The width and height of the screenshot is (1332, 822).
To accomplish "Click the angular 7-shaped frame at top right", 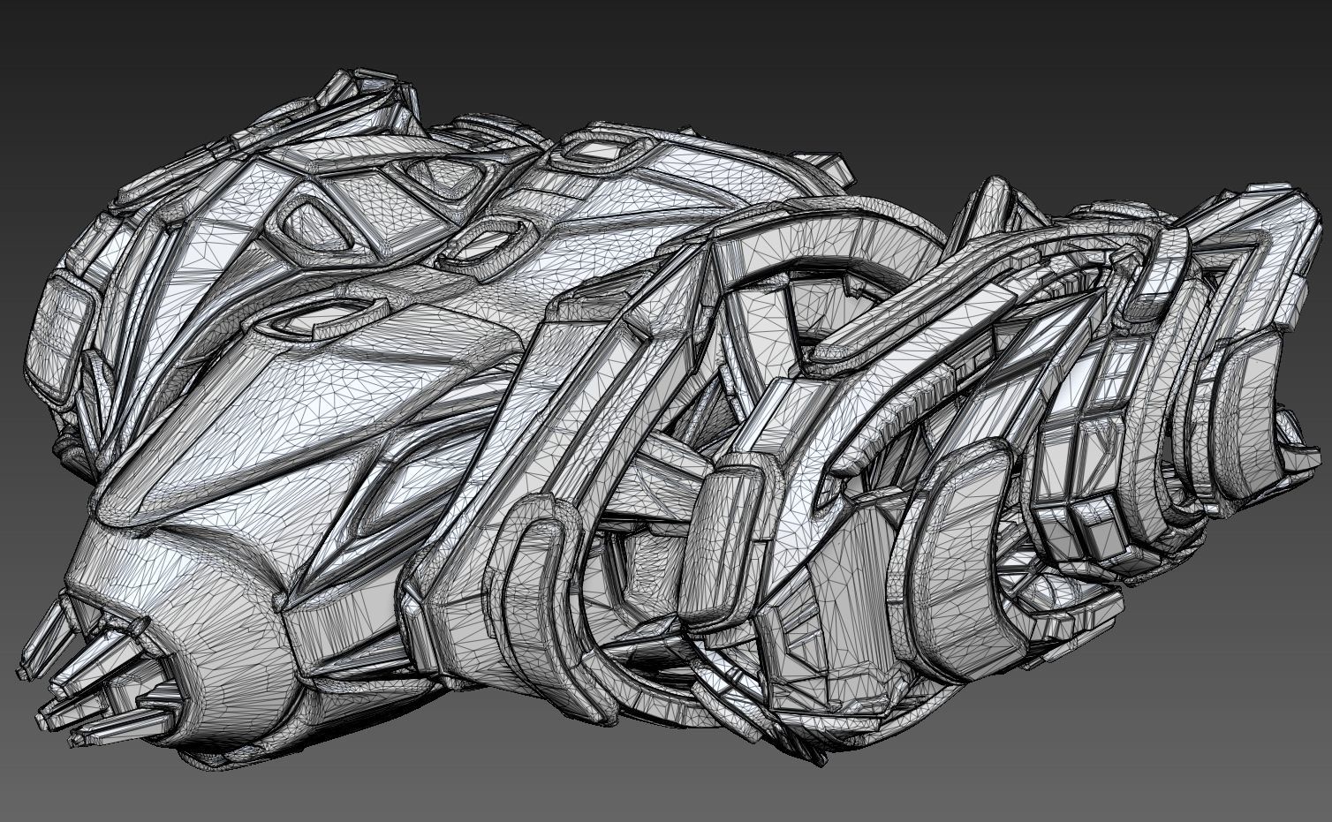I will [x=1254, y=256].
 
